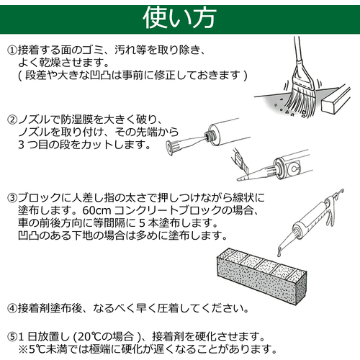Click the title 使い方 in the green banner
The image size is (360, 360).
click(179, 18)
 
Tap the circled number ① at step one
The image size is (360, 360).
click(12, 50)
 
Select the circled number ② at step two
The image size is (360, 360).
click(12, 120)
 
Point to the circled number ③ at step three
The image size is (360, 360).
click(12, 198)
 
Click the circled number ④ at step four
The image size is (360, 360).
click(12, 308)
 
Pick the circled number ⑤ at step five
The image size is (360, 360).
click(12, 337)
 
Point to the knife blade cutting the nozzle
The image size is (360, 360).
click(240, 161)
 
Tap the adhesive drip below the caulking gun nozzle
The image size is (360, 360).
click(279, 253)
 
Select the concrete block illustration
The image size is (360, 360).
click(261, 276)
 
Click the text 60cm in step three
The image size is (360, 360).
click(96, 210)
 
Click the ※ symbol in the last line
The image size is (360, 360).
click(23, 349)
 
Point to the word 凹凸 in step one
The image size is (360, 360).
click(101, 76)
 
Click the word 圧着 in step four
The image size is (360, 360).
click(168, 308)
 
